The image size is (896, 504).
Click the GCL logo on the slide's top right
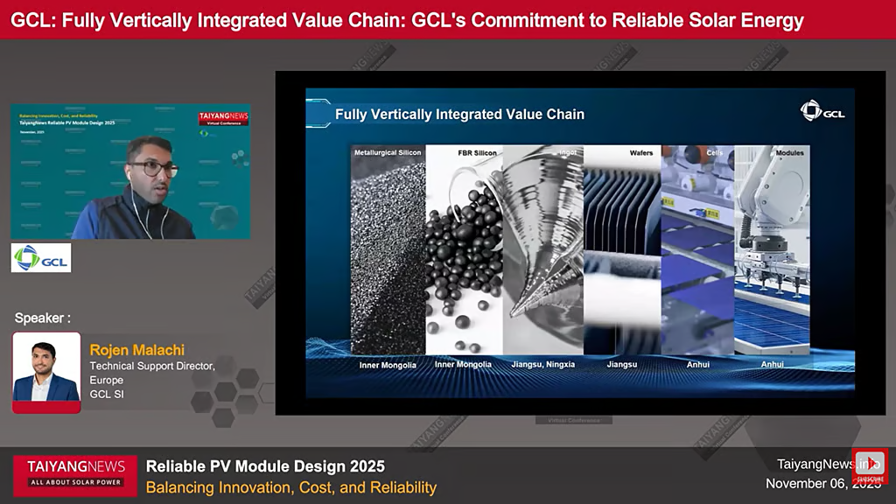coord(822,110)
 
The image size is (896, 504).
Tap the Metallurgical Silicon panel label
coord(388,152)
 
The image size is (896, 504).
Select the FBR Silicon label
coord(477,152)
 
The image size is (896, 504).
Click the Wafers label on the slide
coord(641,152)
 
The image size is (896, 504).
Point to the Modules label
coord(789,152)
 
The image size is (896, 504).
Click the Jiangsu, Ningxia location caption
coord(542,364)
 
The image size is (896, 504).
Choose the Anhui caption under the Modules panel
coord(772,364)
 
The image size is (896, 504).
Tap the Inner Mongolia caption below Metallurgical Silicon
coord(387,365)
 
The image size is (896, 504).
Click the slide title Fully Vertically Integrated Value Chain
coord(459,114)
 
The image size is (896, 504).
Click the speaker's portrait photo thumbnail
coord(46,372)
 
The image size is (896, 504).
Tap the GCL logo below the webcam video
coord(40,257)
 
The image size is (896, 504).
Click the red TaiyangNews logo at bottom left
coord(75,473)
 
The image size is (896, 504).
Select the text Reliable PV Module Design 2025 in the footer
coord(265,465)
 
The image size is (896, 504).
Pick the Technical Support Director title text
coord(151,366)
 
